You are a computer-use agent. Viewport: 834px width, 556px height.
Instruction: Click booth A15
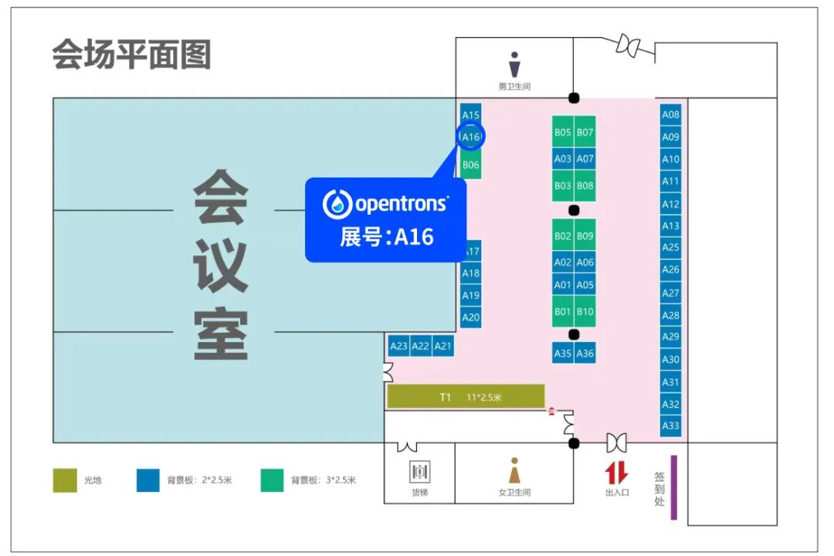pos(470,114)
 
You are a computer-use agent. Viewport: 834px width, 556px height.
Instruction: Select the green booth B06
pos(470,164)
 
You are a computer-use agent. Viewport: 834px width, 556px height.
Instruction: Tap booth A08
pos(670,114)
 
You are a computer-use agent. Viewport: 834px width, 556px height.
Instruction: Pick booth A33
pos(670,425)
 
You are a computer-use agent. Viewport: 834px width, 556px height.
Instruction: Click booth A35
pos(563,353)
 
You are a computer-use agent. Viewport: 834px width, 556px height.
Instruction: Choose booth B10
pos(585,311)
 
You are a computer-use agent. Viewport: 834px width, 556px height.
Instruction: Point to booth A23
pos(398,347)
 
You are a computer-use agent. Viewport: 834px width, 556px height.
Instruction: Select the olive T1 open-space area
pos(466,396)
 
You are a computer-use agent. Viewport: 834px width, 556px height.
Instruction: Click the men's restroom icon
pos(514,64)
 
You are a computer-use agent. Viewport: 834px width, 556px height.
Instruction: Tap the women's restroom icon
pos(514,470)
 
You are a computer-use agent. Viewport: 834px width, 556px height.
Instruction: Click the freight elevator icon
pos(419,471)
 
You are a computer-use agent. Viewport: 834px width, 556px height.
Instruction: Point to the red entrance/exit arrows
pos(616,473)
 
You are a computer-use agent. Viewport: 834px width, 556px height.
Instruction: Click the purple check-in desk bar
pos(673,486)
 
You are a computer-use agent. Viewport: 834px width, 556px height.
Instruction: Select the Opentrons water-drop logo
pos(337,204)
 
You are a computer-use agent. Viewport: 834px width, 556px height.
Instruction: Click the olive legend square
pos(65,480)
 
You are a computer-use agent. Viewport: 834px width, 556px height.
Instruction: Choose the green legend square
pos(272,480)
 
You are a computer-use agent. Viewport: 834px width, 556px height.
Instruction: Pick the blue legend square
pos(147,480)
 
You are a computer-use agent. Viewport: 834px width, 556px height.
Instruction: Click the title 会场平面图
pos(131,54)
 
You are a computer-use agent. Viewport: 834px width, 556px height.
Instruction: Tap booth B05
pos(563,132)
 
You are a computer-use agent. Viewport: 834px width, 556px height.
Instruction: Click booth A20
pos(470,317)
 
